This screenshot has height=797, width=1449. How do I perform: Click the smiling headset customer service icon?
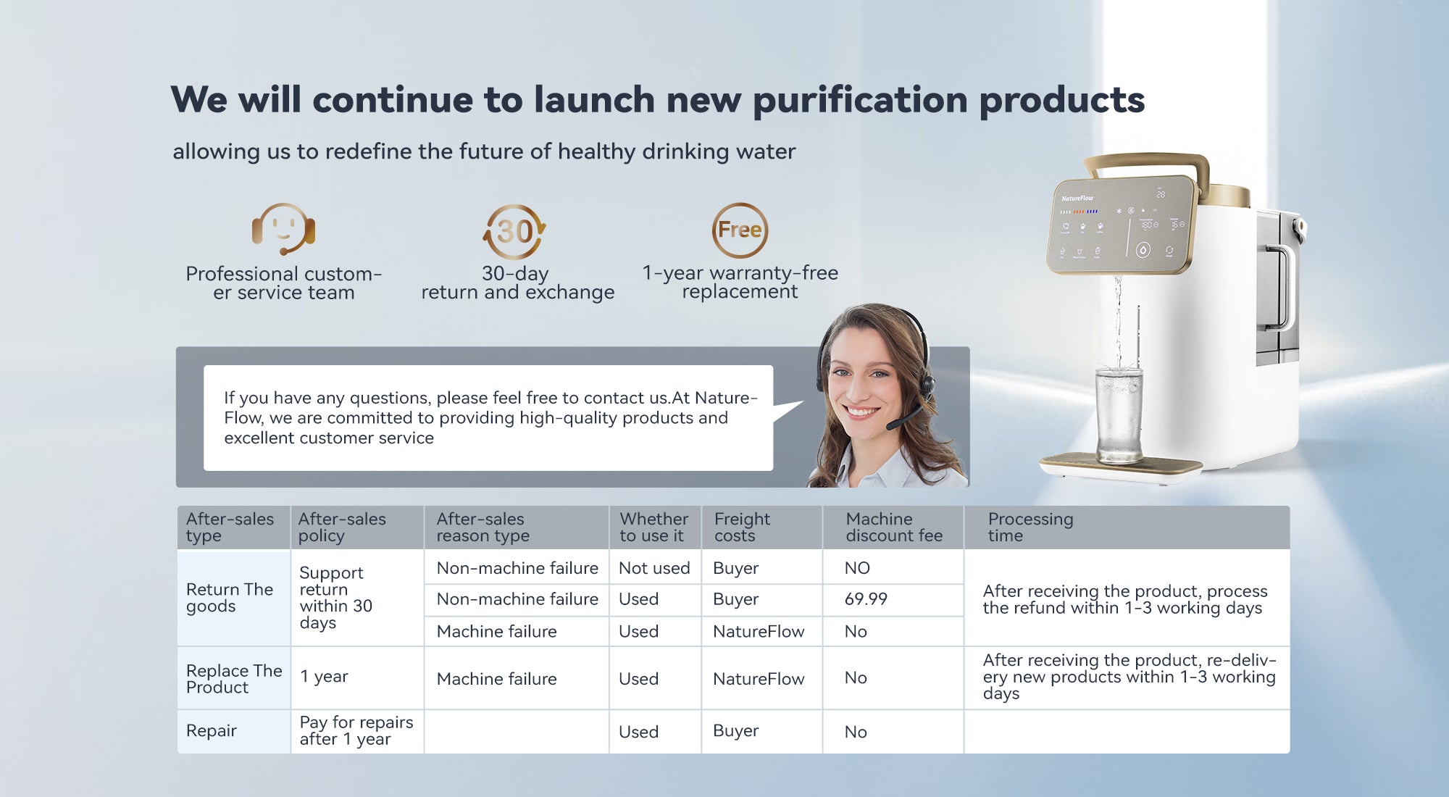pos(283,229)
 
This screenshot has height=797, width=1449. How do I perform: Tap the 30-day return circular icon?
pos(514,232)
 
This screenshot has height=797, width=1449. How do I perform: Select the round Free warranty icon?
pos(740,230)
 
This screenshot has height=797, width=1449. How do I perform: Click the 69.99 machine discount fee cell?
pos(866,599)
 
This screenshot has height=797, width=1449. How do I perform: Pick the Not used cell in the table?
pos(654,568)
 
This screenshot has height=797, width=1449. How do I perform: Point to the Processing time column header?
pos(1030,527)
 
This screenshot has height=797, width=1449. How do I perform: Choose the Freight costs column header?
pos(742,527)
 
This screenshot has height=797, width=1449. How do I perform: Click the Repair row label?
pos(211,731)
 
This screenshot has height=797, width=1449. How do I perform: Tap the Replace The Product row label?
pos(234,679)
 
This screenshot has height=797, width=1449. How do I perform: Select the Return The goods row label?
pos(230,598)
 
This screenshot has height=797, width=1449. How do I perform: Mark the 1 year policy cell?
pos(324,677)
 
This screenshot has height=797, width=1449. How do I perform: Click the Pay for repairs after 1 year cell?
pos(356,731)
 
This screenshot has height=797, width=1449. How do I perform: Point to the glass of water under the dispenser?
pos(1119,414)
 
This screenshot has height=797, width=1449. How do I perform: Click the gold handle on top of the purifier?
pos(1146,167)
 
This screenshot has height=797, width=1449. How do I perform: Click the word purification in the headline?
pos(860,100)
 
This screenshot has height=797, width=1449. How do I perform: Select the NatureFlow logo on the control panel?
pos(1077,198)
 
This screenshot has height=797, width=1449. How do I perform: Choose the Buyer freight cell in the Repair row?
pos(735,731)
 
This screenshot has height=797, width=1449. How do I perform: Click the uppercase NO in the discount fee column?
pos(857,568)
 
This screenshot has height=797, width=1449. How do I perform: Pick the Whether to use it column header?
pos(653,527)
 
